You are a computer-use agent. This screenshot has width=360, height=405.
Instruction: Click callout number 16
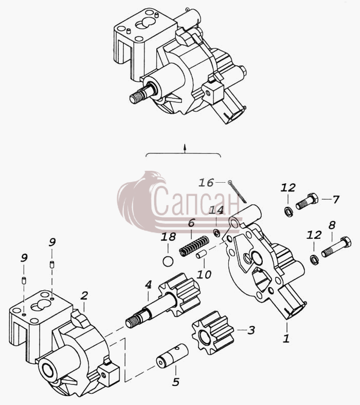point(206,183)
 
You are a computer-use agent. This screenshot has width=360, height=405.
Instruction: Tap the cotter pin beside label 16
point(237,191)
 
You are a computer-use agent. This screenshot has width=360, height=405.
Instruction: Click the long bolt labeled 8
point(336,246)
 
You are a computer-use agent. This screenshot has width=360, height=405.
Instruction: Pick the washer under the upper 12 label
point(289,212)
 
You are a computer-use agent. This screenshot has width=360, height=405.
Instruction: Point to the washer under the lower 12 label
point(314,259)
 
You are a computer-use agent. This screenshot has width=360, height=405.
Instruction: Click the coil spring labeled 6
point(194,246)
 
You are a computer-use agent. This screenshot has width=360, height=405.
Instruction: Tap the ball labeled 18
point(168,261)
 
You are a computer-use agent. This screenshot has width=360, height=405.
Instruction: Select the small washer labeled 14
point(217,233)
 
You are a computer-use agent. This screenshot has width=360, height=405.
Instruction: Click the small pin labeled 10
point(201,254)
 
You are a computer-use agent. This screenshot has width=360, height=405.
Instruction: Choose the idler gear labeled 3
point(212,332)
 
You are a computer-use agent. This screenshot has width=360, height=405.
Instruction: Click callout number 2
point(84,296)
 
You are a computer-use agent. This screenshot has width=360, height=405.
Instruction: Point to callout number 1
point(286,339)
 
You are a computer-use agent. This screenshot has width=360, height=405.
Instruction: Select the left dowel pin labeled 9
point(24,280)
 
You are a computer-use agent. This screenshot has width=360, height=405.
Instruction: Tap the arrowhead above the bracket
point(185,147)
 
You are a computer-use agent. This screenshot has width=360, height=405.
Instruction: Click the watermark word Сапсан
point(196,203)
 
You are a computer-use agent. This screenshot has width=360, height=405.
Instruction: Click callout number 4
point(148,285)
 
